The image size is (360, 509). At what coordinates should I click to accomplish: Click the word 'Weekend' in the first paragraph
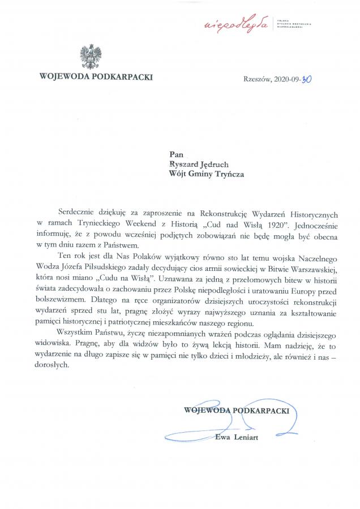point(145,226)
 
